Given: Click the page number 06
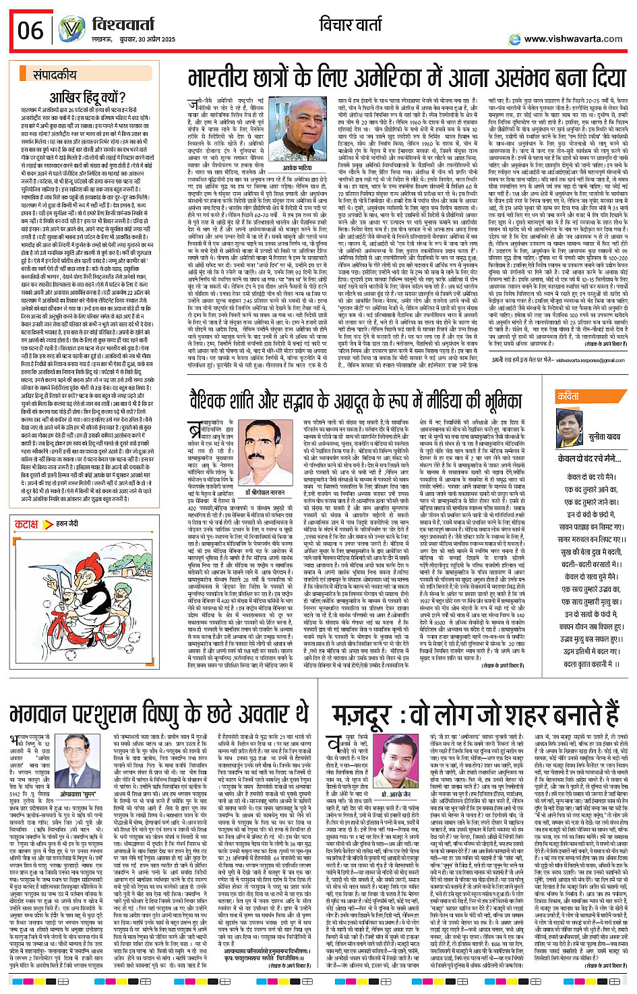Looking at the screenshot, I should tap(30, 30).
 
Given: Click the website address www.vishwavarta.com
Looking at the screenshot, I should tap(573, 39).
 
